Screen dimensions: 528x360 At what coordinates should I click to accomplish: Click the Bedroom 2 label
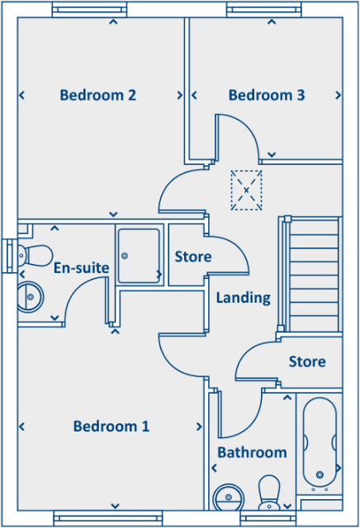point(97,95)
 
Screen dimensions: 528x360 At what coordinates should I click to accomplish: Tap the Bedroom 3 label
point(267,95)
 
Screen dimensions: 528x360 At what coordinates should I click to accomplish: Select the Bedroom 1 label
point(111,427)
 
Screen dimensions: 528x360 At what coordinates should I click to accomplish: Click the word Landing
point(243,298)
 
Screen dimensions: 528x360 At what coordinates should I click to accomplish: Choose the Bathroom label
point(252,452)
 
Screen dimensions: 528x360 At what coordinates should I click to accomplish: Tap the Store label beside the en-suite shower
point(192,257)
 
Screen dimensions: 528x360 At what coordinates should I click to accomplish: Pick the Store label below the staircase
point(307,361)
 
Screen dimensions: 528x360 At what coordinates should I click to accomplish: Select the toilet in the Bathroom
point(269,493)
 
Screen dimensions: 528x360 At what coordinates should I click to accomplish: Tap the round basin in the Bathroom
point(227,497)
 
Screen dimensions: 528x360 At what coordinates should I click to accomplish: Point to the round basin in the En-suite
point(30,295)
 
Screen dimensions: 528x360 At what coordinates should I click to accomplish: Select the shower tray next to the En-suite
point(138,255)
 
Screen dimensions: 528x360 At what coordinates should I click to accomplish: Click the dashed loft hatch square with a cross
point(246,191)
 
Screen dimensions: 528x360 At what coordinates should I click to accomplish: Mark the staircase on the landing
point(313,272)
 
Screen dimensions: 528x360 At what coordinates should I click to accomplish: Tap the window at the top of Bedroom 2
point(90,10)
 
